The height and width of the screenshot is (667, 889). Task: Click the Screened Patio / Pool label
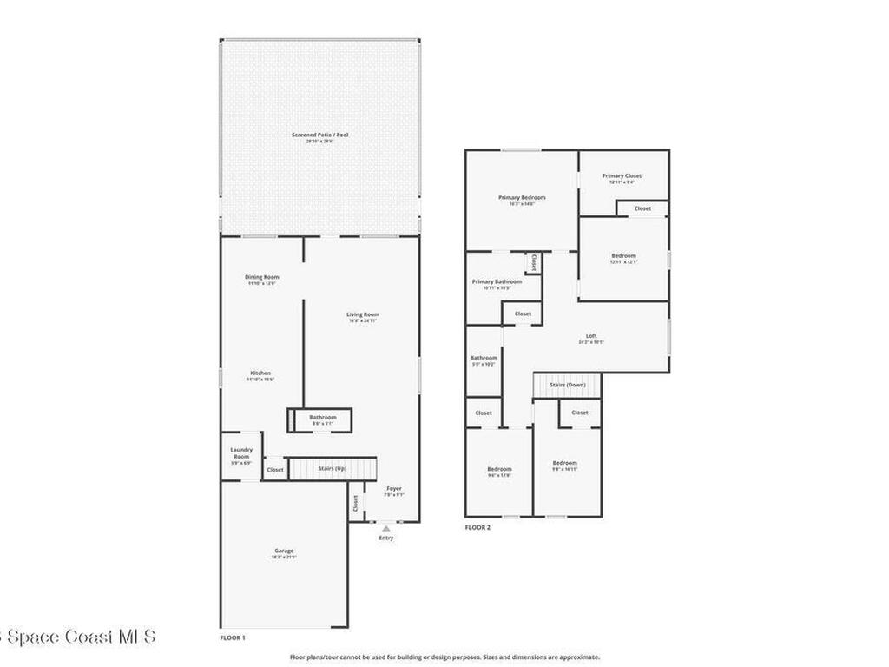320,135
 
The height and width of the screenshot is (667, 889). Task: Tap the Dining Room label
261,278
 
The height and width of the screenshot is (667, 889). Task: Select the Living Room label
362,315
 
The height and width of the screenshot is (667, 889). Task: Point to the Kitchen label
260,373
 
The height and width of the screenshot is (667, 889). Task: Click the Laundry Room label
241,453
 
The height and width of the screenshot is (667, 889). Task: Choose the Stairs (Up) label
332,469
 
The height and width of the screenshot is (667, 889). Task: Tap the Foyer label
394,488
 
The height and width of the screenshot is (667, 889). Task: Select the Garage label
284,551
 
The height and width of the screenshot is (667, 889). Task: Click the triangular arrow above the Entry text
386,527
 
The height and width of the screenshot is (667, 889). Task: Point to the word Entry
386,538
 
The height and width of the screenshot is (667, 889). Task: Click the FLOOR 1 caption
233,638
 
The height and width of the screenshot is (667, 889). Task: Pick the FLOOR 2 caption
477,527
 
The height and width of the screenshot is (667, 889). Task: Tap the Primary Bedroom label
522,198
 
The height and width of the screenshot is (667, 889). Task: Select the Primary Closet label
622,176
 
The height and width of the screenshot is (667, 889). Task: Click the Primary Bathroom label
497,282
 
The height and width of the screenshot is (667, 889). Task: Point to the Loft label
591,336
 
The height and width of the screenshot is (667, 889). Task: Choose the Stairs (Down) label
568,385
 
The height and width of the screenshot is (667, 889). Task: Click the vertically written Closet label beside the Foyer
355,503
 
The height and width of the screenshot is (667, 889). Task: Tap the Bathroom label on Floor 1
323,418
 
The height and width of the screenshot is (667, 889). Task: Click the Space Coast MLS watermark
78,637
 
